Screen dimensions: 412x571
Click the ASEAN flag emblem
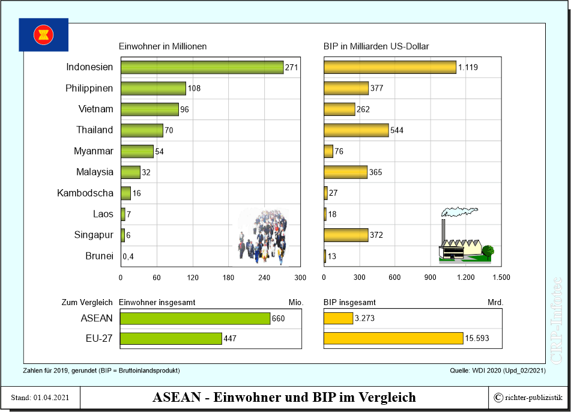click(x=43, y=34)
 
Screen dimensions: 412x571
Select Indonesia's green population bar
click(x=202, y=67)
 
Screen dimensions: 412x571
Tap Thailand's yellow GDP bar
click(x=356, y=130)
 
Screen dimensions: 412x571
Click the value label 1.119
click(x=468, y=67)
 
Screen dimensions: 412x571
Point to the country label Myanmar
click(x=93, y=151)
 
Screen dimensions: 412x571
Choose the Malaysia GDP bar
click(x=345, y=172)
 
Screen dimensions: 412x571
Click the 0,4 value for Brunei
click(x=128, y=256)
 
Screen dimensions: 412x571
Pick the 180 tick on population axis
click(x=228, y=277)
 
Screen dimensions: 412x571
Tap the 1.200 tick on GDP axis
click(x=466, y=277)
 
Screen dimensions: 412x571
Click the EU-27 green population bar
click(x=171, y=339)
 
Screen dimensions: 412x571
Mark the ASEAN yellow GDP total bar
click(x=338, y=318)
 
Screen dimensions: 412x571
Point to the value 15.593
click(x=477, y=339)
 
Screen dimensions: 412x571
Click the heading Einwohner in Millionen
click(x=163, y=46)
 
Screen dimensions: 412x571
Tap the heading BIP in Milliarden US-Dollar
click(x=376, y=46)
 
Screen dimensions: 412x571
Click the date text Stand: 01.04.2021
click(x=41, y=398)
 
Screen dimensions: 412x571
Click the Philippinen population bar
click(x=153, y=88)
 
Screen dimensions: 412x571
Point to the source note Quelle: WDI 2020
click(x=498, y=371)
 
